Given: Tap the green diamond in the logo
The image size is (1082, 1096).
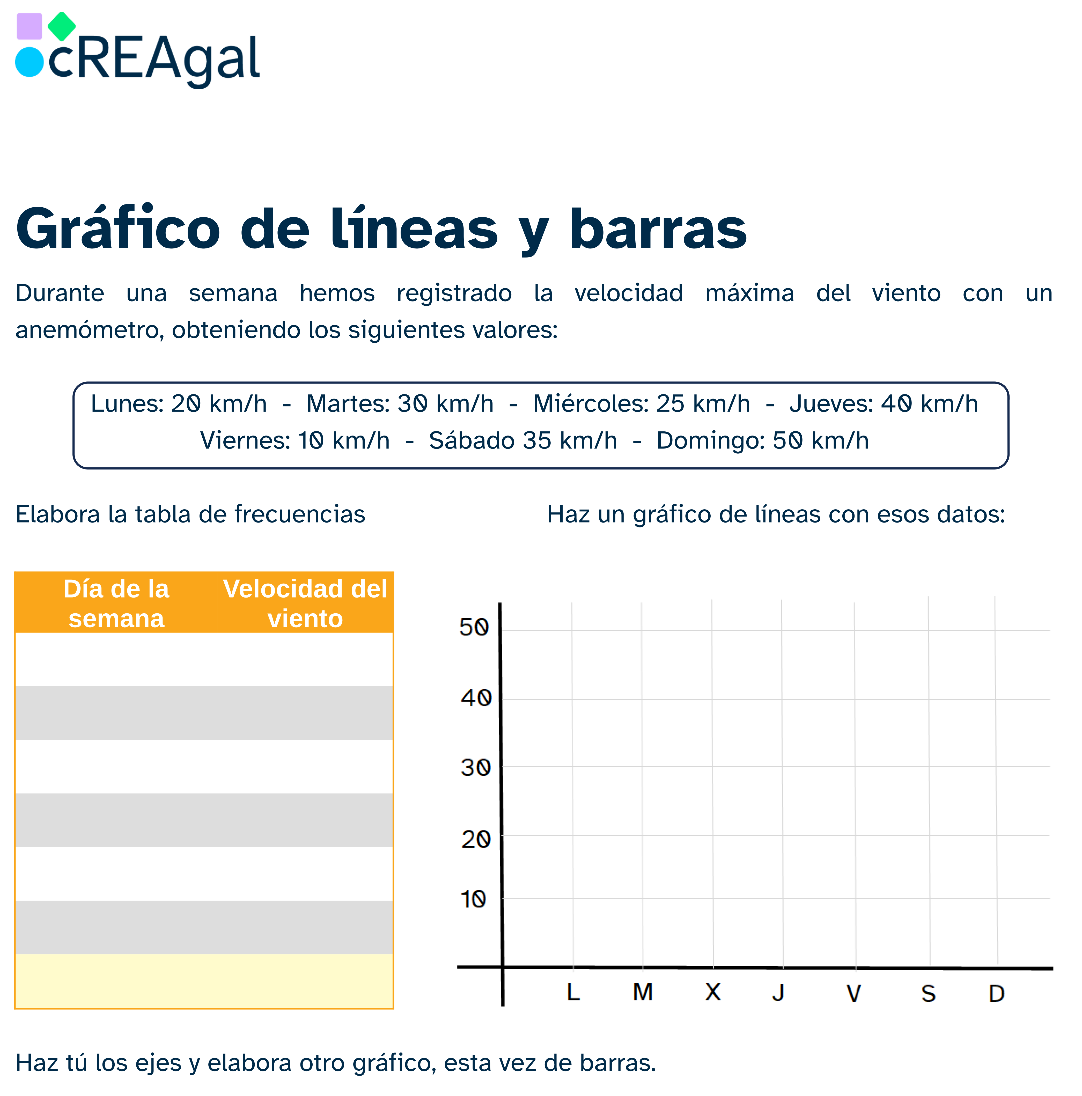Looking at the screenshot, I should (61, 26).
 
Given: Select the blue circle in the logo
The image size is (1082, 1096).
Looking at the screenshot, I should (29, 62).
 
